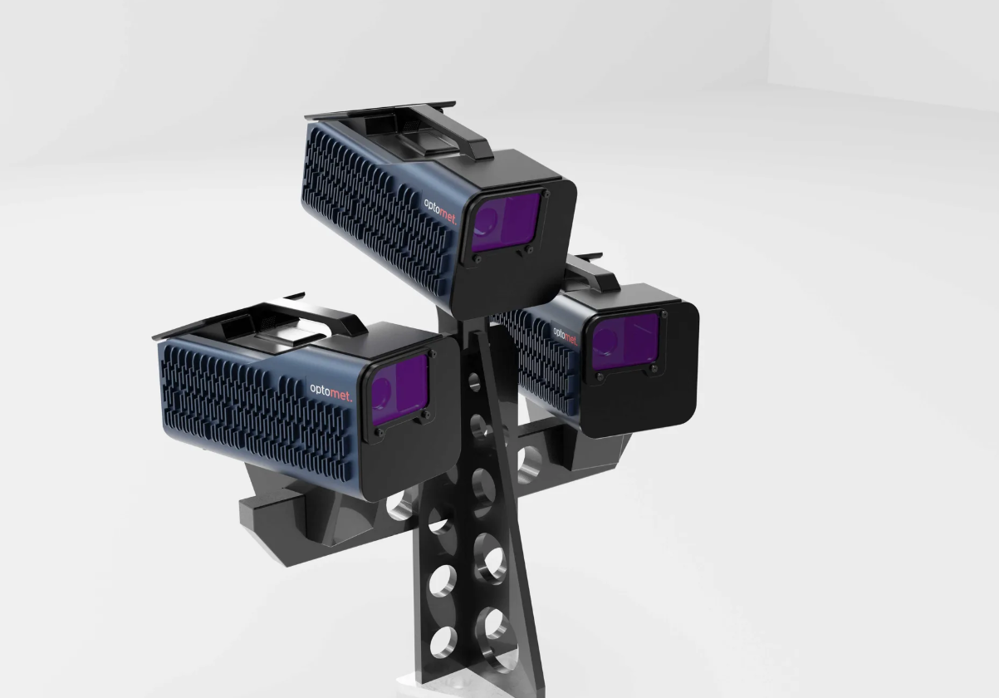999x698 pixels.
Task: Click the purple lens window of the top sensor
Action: tap(506, 222)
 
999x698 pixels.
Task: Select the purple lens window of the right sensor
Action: tap(625, 342)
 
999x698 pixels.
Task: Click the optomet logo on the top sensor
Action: tap(440, 212)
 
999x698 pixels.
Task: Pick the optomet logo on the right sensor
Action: tap(565, 336)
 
